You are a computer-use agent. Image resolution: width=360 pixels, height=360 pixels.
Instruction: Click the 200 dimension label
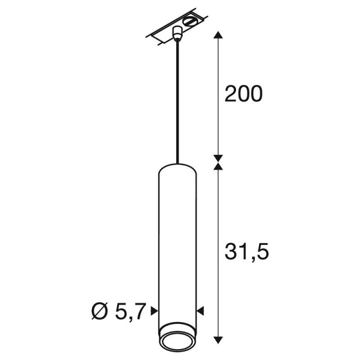243,94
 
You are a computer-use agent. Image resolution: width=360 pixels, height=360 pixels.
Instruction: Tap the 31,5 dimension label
246,252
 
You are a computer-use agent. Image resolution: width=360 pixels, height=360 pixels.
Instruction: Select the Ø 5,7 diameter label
119,311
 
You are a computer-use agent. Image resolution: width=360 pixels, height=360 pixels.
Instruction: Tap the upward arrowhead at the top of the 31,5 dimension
218,167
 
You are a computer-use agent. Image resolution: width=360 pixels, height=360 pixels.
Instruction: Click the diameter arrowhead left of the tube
154,310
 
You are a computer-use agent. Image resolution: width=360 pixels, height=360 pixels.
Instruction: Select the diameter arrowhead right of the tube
201,310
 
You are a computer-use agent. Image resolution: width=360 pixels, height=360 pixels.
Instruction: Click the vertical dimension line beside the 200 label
218,67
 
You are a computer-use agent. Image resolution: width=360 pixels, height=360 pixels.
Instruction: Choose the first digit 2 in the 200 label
230,94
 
